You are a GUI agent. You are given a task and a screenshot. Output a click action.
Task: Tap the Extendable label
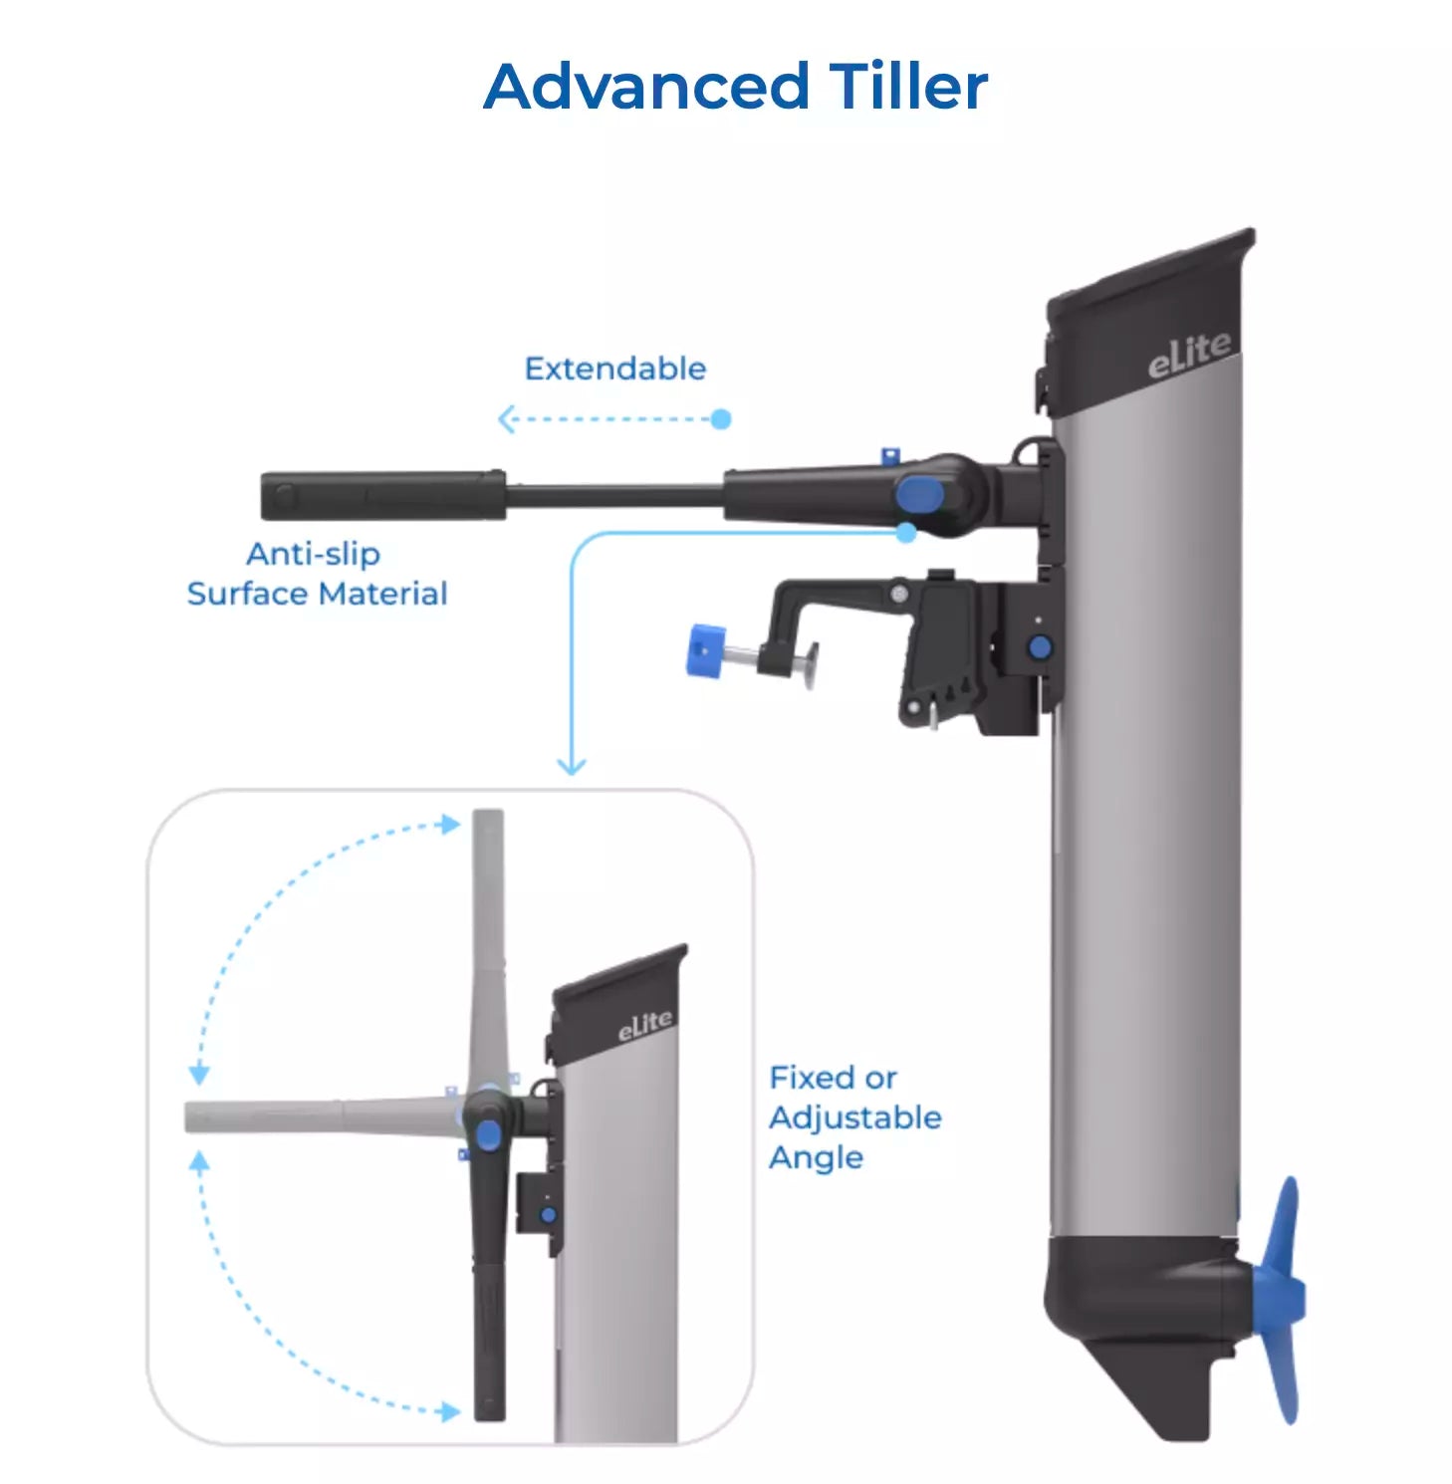tap(614, 369)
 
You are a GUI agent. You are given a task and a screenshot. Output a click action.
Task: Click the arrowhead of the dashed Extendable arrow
tap(506, 419)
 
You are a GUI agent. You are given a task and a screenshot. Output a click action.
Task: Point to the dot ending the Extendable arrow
tap(722, 419)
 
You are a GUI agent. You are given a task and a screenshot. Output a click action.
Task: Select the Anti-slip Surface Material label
tap(317, 574)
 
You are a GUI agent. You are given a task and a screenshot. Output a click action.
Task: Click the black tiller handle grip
tap(383, 495)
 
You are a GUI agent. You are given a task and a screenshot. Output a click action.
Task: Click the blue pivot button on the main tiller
tap(920, 494)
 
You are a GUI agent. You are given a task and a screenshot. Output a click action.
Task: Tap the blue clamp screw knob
tap(706, 650)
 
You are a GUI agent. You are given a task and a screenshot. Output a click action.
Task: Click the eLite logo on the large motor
tap(1189, 355)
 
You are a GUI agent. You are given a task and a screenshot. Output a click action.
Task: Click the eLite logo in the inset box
tap(644, 1025)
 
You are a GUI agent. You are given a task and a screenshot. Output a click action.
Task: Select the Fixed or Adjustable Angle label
tap(854, 1117)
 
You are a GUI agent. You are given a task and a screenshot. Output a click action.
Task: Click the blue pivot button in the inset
tap(488, 1134)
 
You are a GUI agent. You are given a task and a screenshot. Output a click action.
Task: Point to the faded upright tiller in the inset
tap(488, 946)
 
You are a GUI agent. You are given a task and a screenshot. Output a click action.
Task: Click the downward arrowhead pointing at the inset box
tap(571, 766)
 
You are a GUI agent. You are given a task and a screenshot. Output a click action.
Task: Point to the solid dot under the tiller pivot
tap(906, 533)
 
